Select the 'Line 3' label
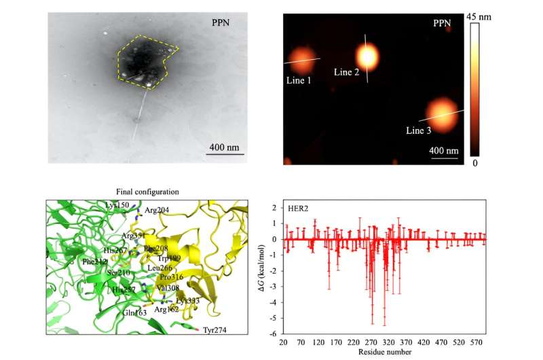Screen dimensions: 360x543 point(419,130)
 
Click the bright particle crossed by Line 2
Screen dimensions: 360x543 point(367,57)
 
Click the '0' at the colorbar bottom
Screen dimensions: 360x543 point(476,163)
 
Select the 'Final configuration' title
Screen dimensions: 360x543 point(147,192)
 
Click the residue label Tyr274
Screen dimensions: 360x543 point(216,331)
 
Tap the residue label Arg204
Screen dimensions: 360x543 point(157,211)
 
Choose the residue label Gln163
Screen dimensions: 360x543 point(117,313)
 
